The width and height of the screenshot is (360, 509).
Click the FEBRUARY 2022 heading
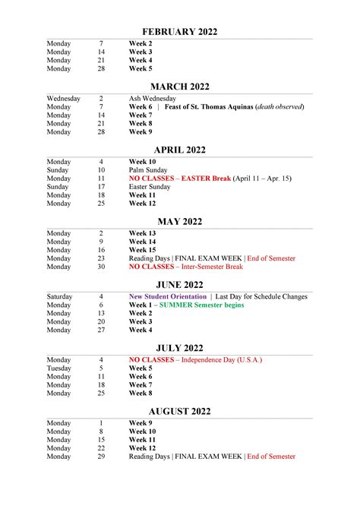coord(179,31)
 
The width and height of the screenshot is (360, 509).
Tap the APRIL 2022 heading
coord(179,150)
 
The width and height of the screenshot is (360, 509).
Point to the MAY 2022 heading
coord(179,221)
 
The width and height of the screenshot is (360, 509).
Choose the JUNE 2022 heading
coord(179,285)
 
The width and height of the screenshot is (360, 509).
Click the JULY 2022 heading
coord(179,348)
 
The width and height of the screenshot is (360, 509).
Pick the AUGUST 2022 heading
coord(179,411)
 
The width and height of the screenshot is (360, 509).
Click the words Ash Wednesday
coord(153,99)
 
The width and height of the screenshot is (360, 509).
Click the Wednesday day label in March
coord(63,99)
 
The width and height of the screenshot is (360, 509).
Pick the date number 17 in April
coord(101,187)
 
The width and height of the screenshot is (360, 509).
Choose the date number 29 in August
coord(101,457)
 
